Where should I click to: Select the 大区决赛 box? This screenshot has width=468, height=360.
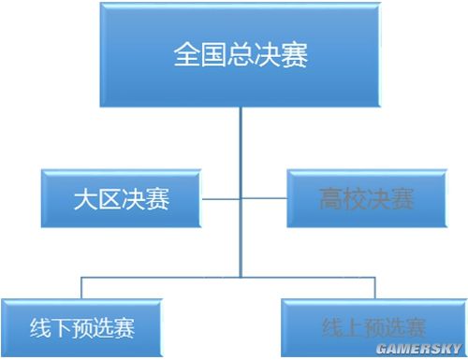122,198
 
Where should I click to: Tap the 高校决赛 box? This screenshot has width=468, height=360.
363,198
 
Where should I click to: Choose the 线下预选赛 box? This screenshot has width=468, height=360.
81,327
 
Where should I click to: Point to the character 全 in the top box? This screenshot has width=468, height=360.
186,53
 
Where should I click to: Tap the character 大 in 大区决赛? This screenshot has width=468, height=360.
87,199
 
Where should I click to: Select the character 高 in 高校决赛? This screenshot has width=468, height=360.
329,199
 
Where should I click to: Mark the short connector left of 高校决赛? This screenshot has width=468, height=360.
263,198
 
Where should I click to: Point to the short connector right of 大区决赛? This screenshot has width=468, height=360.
222,198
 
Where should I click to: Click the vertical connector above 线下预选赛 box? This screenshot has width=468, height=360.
81,288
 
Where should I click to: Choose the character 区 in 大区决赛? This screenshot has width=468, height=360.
110,199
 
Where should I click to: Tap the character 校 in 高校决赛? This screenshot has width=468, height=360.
352,199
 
